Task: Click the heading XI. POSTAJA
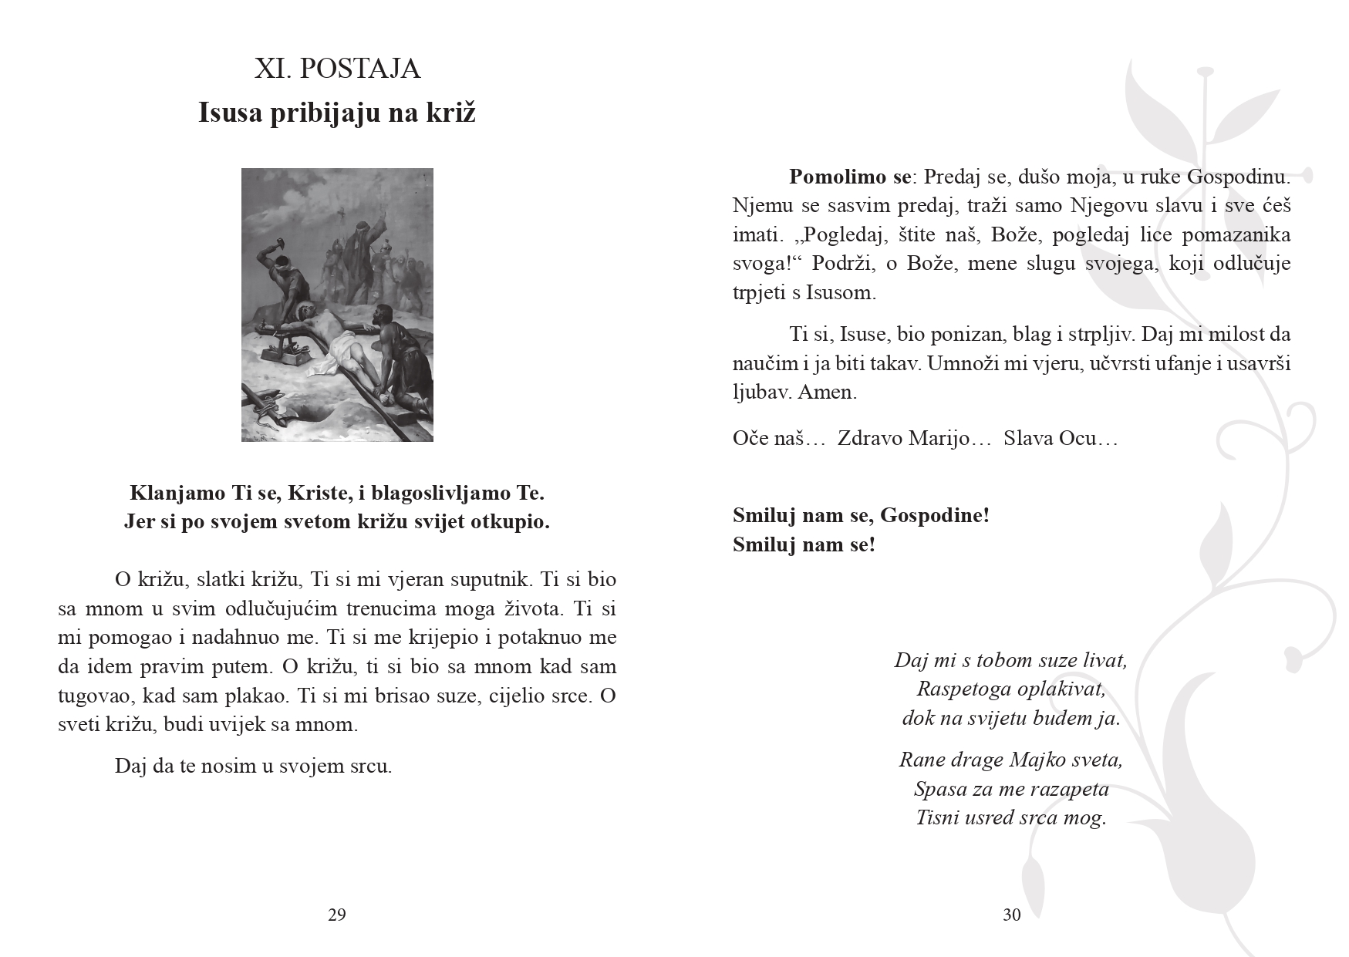337,69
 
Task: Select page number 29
337,915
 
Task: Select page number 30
1012,915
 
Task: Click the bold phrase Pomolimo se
849,177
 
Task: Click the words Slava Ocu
1060,438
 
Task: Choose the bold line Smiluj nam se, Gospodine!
861,515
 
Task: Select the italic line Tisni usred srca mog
1011,817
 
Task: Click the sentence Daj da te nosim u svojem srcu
253,767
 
